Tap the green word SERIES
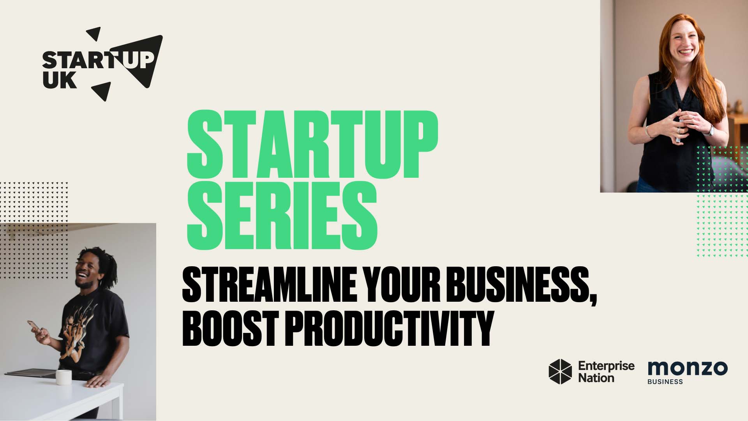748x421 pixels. coord(282,215)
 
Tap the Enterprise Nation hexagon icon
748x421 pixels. coord(560,371)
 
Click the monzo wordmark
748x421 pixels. coord(687,368)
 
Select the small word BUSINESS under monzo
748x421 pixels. coord(665,382)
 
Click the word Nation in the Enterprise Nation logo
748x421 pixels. coord(596,378)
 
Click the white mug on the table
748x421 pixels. coord(64,377)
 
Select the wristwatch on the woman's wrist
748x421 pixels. coord(711,129)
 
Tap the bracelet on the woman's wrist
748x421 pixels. coord(647,131)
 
